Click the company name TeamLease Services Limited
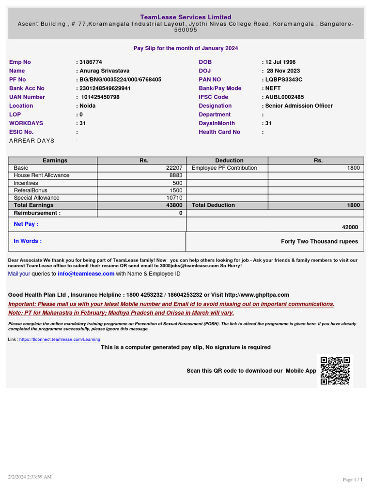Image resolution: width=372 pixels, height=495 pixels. click(186, 17)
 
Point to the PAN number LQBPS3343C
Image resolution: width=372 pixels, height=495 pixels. click(283, 80)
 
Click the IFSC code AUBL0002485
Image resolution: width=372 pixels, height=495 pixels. click(284, 97)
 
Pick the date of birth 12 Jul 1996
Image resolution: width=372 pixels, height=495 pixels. click(280, 62)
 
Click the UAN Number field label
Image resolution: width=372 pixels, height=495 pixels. click(27, 97)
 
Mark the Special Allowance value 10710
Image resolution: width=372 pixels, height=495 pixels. click(174, 198)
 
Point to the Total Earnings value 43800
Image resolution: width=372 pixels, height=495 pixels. click(174, 205)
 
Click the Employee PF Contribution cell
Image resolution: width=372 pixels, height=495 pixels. click(224, 168)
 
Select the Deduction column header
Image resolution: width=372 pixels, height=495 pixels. click(229, 160)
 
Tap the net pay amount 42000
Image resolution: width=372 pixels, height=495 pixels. click(350, 227)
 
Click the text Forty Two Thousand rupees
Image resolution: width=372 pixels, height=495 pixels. click(320, 242)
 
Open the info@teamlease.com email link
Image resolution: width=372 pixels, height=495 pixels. click(86, 274)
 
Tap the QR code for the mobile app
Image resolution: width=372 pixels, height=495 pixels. click(335, 371)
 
